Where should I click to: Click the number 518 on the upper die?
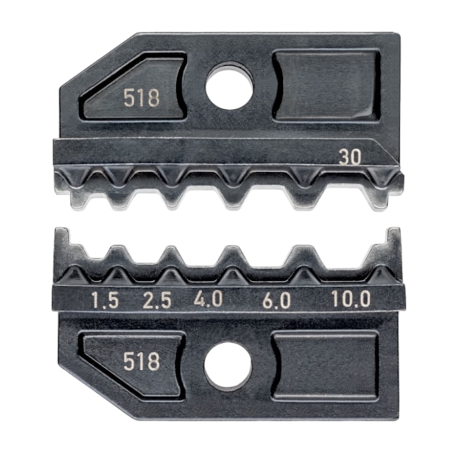pyautogui.click(x=141, y=98)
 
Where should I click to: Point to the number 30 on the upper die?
pyautogui.click(x=349, y=157)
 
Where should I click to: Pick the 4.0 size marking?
pyautogui.click(x=209, y=300)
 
